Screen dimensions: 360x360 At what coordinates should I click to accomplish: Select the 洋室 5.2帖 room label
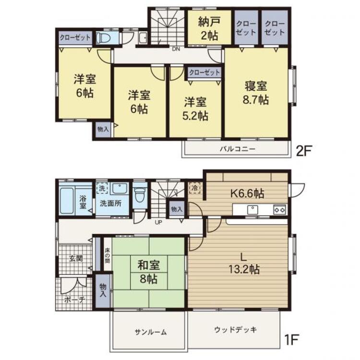[196, 108]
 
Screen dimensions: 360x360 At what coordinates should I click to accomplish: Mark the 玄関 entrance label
[76, 258]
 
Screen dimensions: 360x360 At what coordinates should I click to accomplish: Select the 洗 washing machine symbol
[101, 189]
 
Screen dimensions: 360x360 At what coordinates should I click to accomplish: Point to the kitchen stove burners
[280, 209]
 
